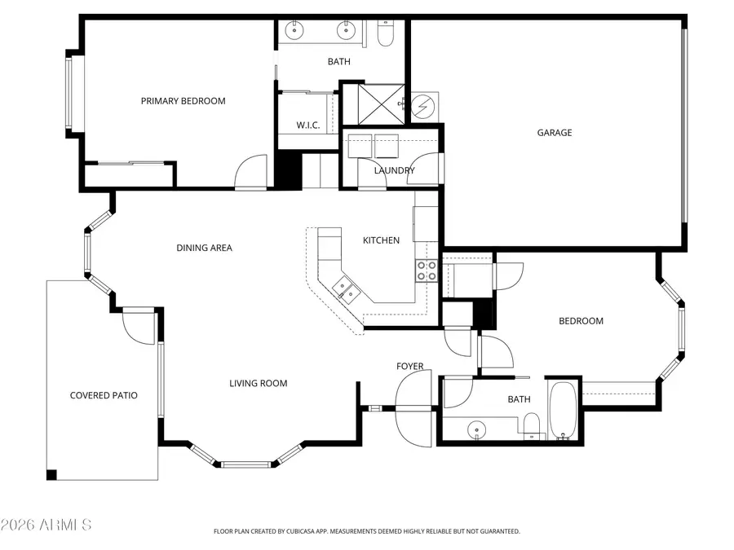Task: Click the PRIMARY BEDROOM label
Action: point(183,101)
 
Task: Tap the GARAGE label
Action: point(554,133)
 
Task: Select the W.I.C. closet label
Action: point(307,125)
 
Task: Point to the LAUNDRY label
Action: point(394,170)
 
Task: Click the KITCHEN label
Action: point(381,240)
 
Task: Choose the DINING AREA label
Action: point(204,248)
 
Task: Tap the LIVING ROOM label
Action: point(258,383)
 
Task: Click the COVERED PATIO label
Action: point(104,395)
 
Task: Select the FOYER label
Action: point(409,367)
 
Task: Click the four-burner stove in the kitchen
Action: point(427,271)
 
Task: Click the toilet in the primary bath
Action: point(386,33)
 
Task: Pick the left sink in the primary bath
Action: point(295,31)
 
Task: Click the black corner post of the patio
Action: point(52,475)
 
